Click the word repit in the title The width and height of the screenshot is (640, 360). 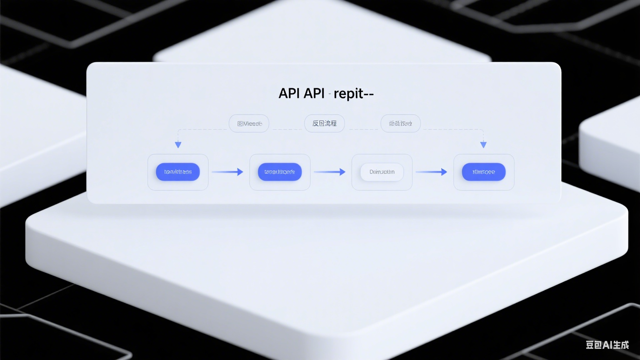point(348,94)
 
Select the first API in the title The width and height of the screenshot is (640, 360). point(289,93)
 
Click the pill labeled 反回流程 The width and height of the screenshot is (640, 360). point(324,123)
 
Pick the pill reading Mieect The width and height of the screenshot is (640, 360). point(249,123)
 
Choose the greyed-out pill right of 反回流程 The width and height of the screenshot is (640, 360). point(400,123)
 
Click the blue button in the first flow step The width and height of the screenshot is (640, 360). point(178,172)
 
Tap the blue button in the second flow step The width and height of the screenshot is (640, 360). point(280,172)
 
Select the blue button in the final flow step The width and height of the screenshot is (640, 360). point(483,172)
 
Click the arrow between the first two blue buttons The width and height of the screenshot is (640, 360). point(227,172)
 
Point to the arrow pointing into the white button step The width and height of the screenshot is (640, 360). point(330,172)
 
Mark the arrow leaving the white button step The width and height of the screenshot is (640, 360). point(431,172)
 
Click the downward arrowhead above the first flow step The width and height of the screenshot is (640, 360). point(178,145)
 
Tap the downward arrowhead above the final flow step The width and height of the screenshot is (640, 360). point(483,145)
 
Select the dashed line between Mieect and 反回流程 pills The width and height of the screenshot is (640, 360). point(287,129)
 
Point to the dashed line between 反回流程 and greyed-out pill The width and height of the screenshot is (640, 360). point(362,129)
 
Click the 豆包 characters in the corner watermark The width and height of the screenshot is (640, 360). point(593,345)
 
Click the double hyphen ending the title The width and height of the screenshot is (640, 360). point(369,94)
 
